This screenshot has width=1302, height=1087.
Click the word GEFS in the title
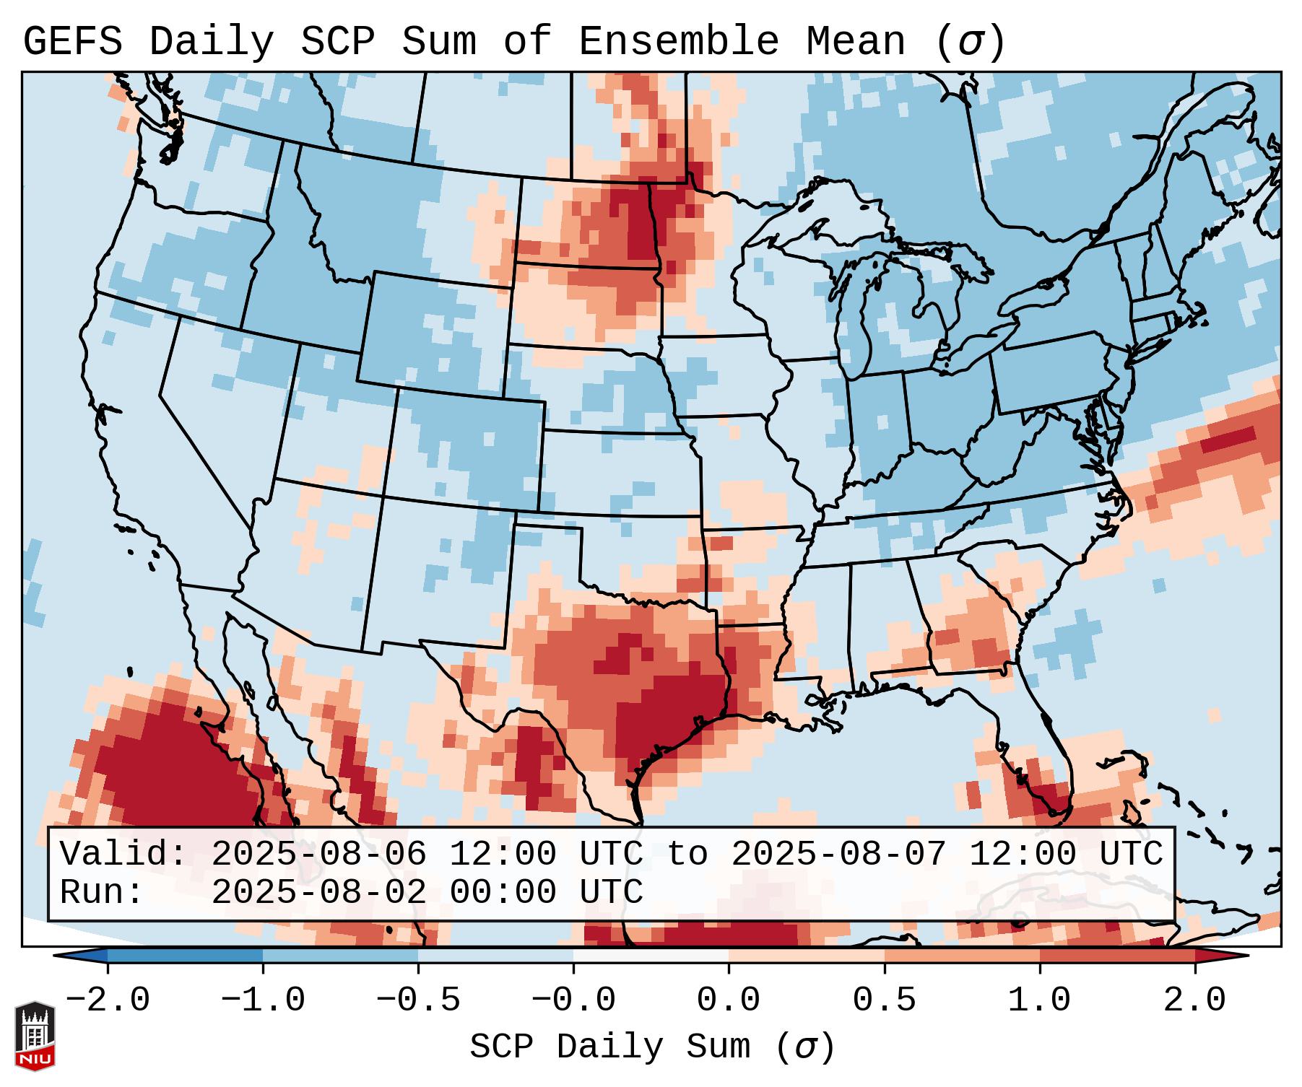(72, 42)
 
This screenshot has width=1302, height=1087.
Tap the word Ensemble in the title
(678, 42)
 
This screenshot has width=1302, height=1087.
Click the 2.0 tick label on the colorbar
(1194, 1000)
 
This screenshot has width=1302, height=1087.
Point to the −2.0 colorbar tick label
(108, 1000)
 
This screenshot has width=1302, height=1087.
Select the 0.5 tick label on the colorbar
(884, 1000)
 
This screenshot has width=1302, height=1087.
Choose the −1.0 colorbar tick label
(263, 1000)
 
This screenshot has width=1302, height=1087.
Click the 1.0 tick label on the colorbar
(1039, 1000)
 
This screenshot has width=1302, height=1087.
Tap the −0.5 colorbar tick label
(418, 1000)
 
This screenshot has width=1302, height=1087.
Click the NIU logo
(35, 1035)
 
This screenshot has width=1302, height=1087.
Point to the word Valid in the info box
(123, 855)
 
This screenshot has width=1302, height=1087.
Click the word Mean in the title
(855, 42)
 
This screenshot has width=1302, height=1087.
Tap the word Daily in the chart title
(211, 42)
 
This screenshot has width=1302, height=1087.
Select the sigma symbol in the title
(969, 43)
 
